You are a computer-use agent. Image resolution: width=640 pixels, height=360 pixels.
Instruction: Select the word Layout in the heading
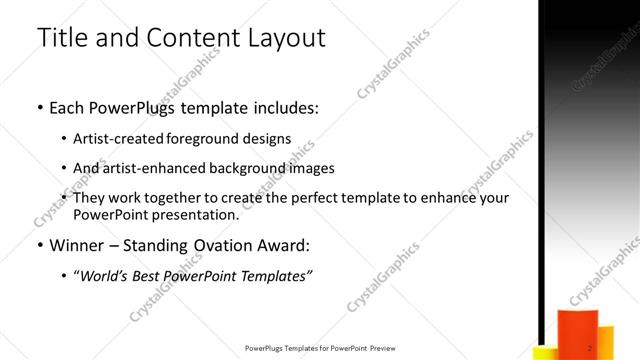286,38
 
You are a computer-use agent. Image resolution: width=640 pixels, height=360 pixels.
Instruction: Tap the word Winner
76,246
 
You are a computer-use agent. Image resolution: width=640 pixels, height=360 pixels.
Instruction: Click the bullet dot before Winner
40,246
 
